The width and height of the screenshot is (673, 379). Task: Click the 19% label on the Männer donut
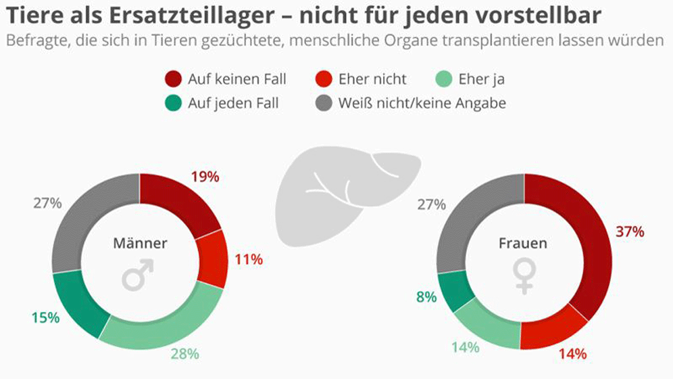[x=205, y=177]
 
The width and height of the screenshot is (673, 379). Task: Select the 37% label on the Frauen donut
[x=630, y=231]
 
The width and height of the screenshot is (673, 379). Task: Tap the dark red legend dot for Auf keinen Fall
[x=173, y=80]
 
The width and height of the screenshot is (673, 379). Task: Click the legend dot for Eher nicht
[x=323, y=80]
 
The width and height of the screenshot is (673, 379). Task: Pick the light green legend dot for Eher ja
[x=443, y=80]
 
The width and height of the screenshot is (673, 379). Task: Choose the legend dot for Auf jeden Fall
[x=173, y=104]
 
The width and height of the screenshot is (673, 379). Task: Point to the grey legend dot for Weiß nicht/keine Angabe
[x=323, y=104]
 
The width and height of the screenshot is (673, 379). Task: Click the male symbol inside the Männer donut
[x=139, y=275]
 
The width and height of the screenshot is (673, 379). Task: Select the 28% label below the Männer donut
[x=184, y=353]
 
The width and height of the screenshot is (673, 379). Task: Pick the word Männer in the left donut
[x=139, y=243]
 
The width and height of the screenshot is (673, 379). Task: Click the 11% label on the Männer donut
[x=249, y=259]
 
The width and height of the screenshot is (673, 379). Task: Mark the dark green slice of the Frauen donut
[x=449, y=290]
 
